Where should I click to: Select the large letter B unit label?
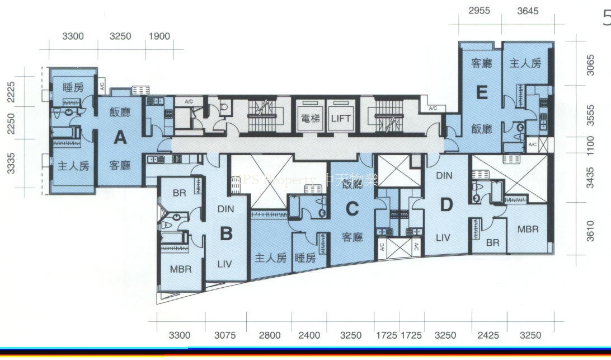tap(225, 233)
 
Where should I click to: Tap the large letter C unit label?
tap(351, 209)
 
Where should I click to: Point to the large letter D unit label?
tap(446, 205)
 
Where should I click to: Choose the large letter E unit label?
tap(482, 93)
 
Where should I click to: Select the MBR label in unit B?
tap(180, 269)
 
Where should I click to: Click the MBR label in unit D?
tap(528, 229)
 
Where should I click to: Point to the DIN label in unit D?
tap(444, 176)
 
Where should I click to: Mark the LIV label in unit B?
tap(224, 263)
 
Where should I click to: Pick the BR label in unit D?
tap(492, 243)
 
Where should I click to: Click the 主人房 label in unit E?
tap(525, 63)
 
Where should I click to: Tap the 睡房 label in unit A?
tap(73, 87)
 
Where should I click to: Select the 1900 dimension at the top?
tap(159, 36)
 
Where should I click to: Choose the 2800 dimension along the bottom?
tap(269, 335)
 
